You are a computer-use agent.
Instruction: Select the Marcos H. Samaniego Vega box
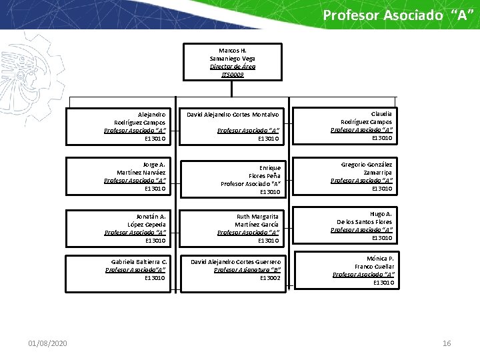pyautogui.click(x=233, y=62)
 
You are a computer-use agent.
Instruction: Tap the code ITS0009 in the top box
pyautogui.click(x=233, y=75)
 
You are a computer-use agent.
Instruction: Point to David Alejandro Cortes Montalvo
pyautogui.click(x=233, y=115)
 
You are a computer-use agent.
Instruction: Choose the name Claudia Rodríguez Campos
pyautogui.click(x=367, y=117)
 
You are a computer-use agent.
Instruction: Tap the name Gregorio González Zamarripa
pyautogui.click(x=367, y=168)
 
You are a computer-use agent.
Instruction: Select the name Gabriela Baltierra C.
pyautogui.click(x=139, y=261)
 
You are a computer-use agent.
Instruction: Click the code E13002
pyautogui.click(x=270, y=277)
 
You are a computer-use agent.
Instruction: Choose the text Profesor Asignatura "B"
pyautogui.click(x=247, y=269)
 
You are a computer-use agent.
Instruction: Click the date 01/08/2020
pyautogui.click(x=47, y=343)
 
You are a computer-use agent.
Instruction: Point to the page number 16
pyautogui.click(x=447, y=343)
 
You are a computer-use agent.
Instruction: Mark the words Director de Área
pyautogui.click(x=233, y=67)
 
